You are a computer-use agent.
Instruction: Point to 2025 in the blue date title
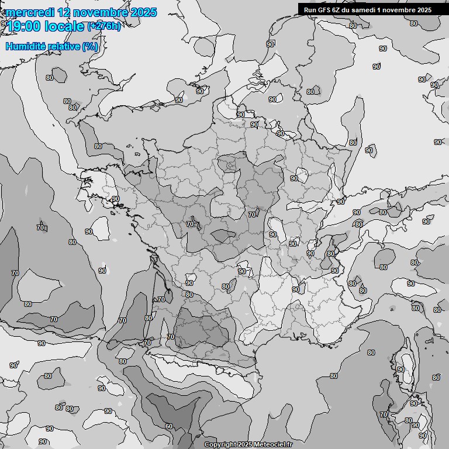[x=143, y=12]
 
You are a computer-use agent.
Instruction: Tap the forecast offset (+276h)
[x=104, y=26]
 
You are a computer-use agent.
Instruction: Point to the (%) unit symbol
[x=90, y=46]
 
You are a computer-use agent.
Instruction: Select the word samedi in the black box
[x=369, y=9]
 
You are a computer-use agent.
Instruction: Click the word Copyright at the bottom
[x=220, y=444]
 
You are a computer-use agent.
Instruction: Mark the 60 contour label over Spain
[x=169, y=426]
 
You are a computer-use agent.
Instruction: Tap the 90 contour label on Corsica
[x=400, y=369]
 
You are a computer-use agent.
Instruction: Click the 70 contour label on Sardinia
[x=384, y=415]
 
